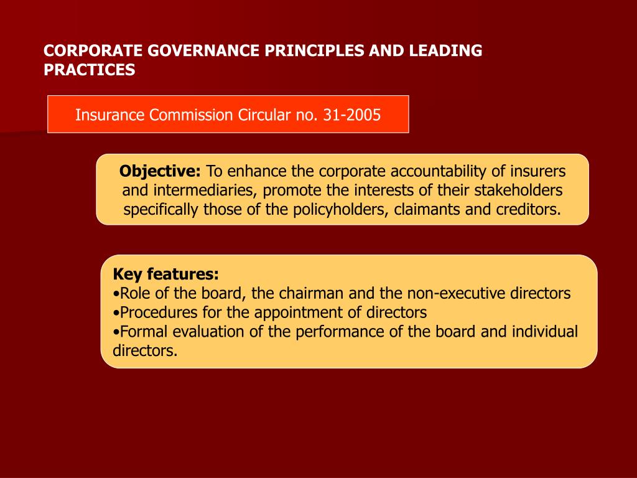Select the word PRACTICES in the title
coord(89,70)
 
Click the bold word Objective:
coord(160,171)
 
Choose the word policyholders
coord(335,209)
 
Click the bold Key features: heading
coord(165,274)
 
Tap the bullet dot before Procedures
coord(116,312)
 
